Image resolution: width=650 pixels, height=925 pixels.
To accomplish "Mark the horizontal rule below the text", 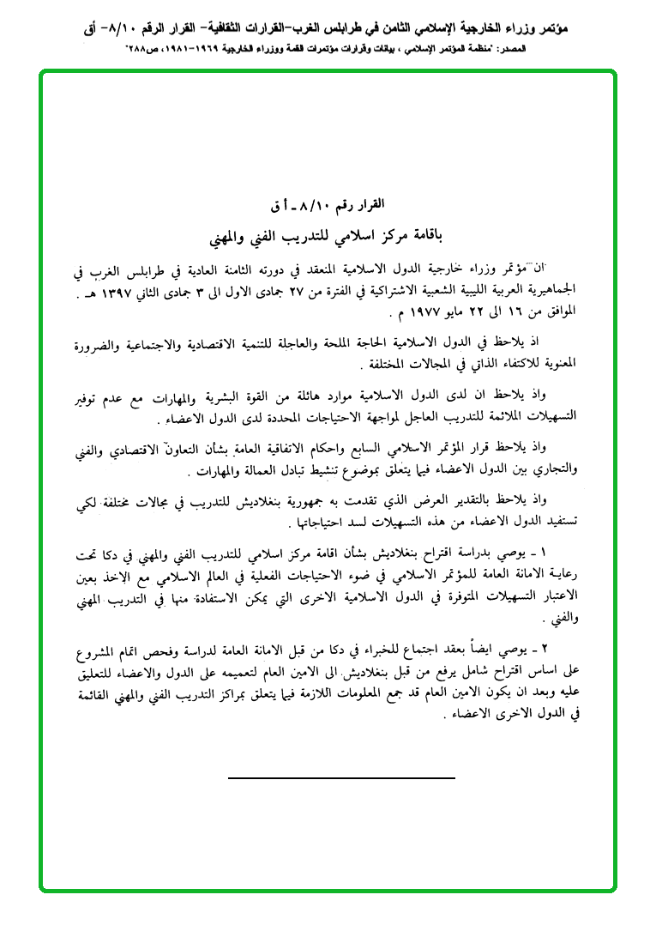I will click(341, 777).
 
